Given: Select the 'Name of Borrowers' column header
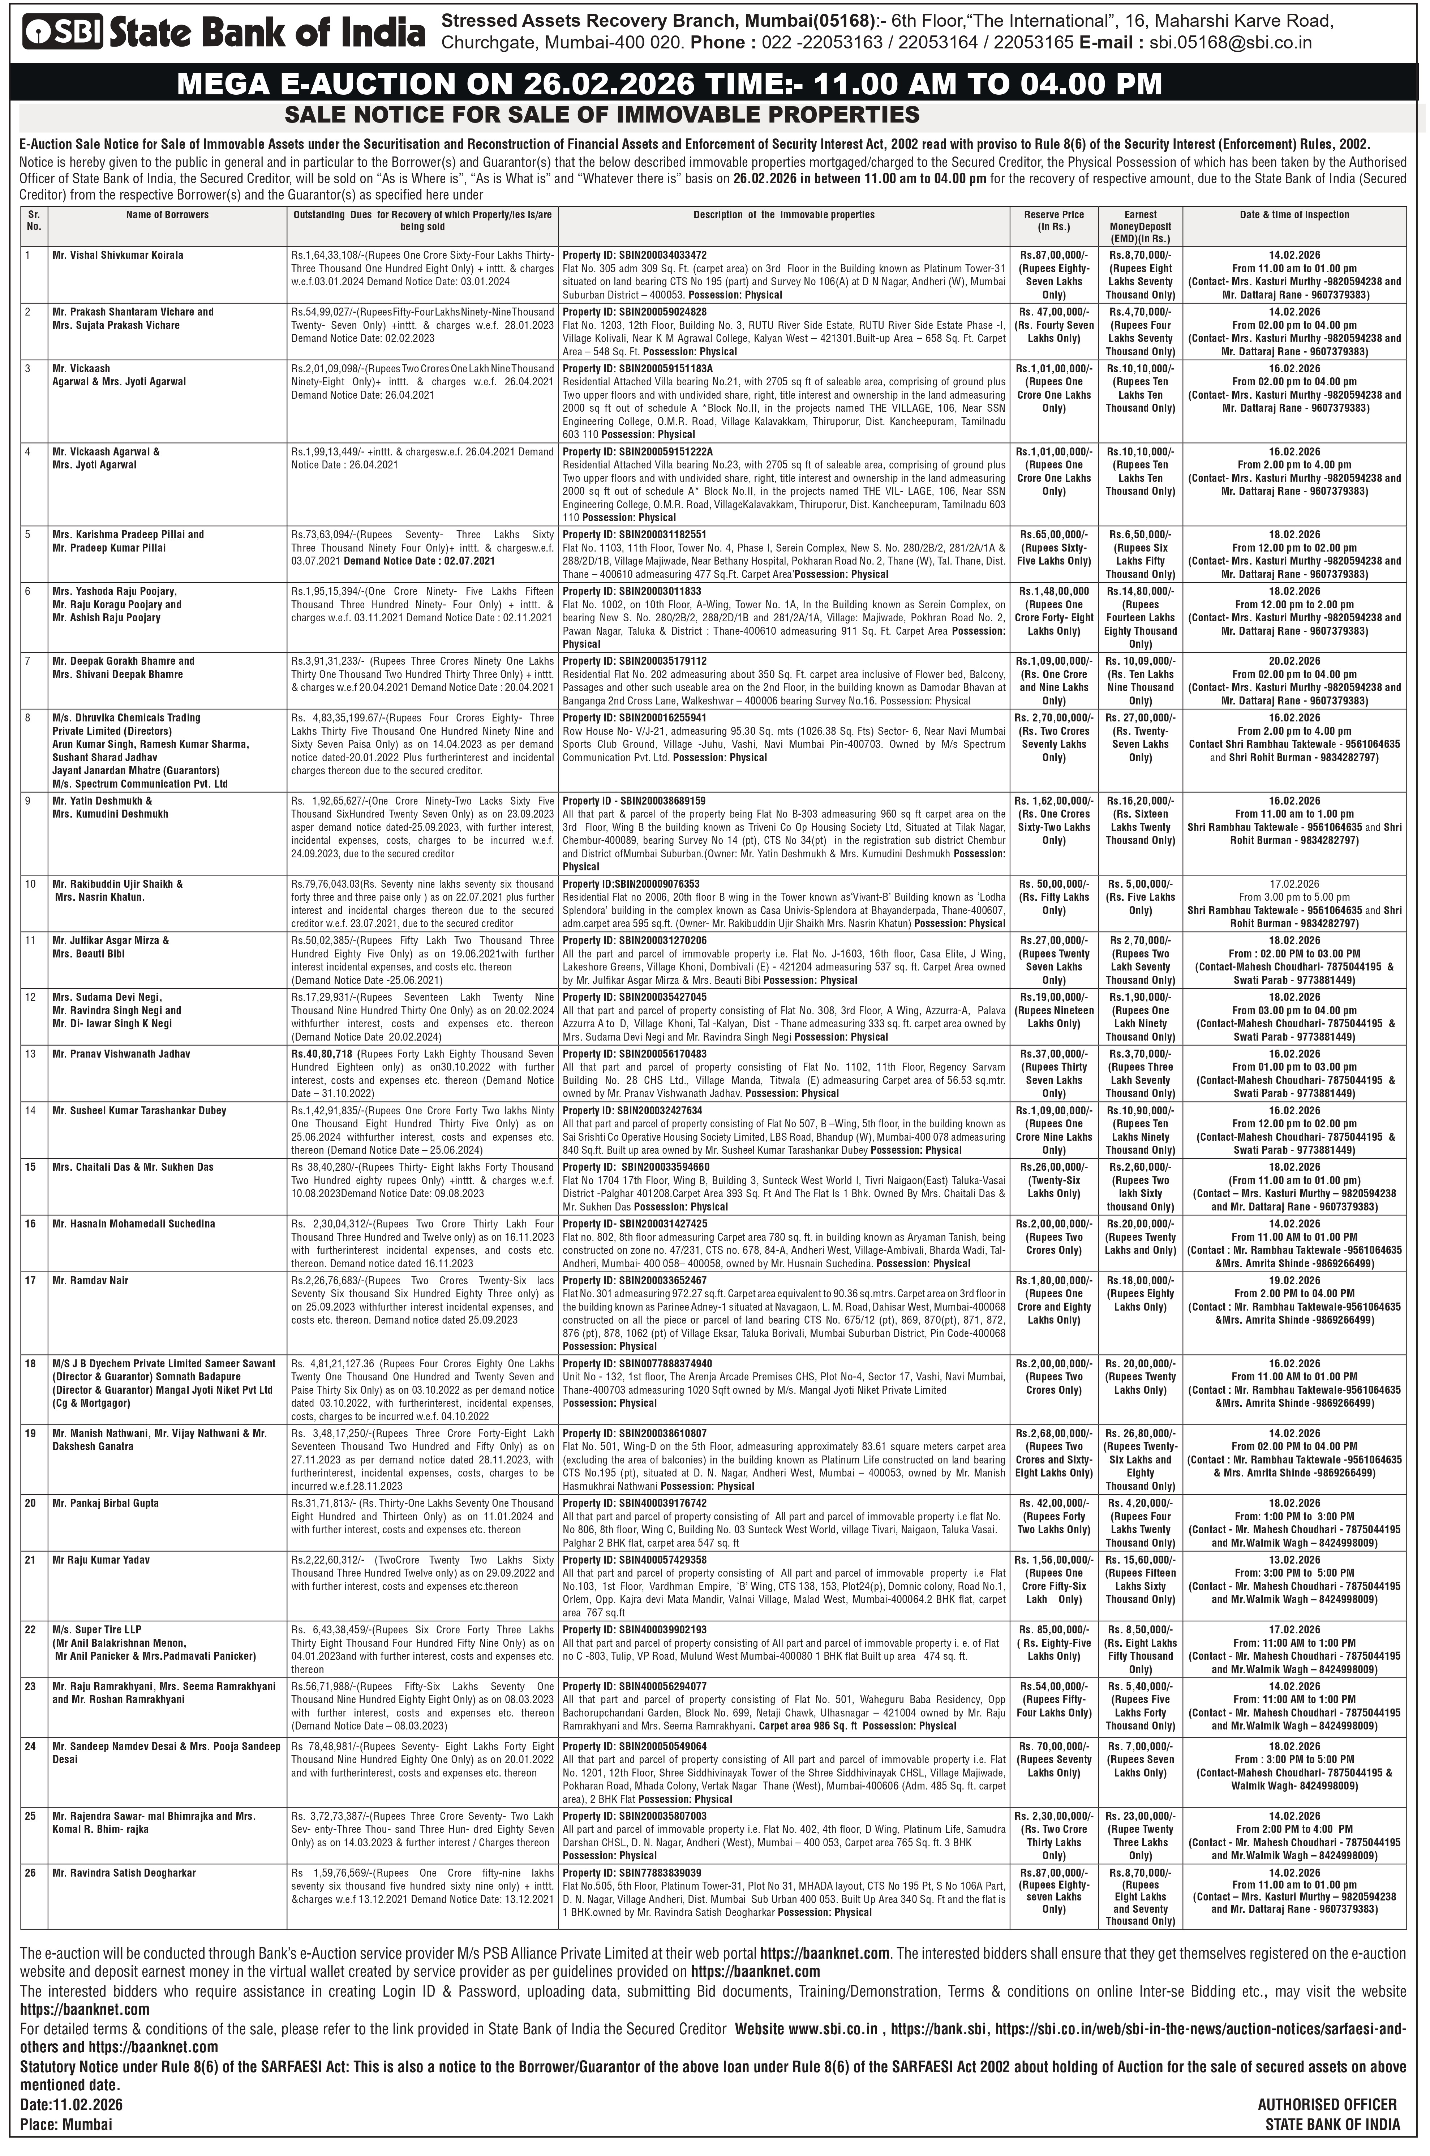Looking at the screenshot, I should pos(167,215).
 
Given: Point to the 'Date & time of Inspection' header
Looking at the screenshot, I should pos(1294,215).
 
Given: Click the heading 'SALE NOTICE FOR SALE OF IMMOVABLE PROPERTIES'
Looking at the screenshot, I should pos(602,115).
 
